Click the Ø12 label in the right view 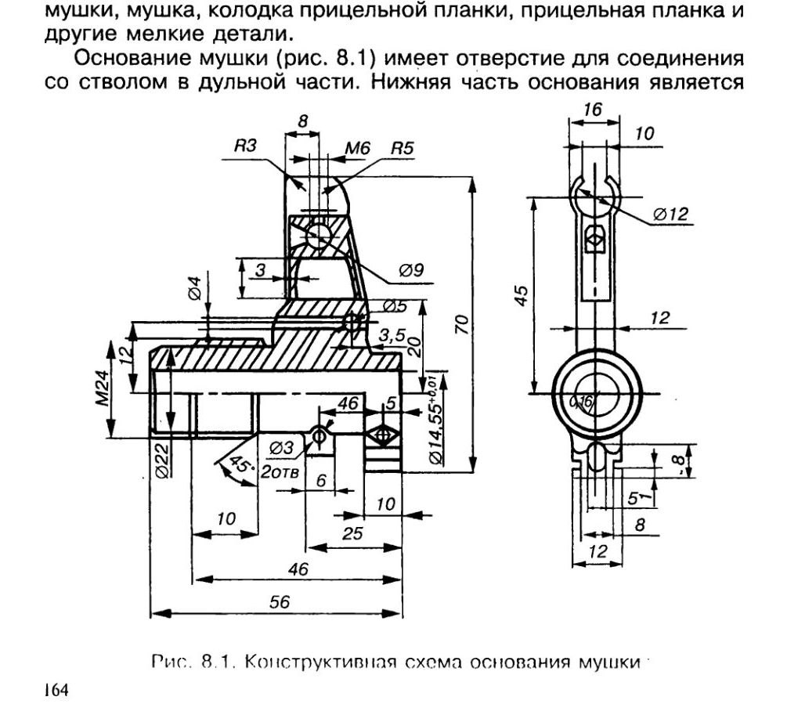click(x=667, y=213)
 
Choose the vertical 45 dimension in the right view click(x=521, y=297)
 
